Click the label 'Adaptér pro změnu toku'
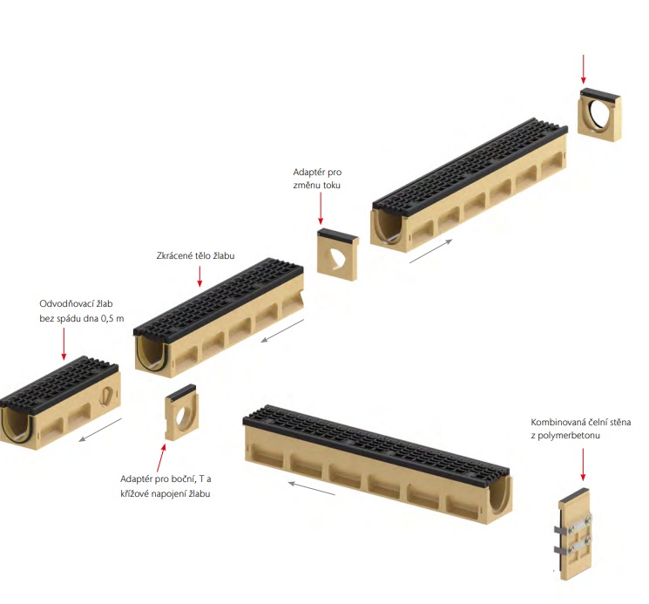[x=317, y=179]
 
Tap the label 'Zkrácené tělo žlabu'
[x=195, y=255]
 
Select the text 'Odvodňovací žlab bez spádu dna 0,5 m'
[x=82, y=311]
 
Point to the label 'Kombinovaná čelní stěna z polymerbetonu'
[x=581, y=429]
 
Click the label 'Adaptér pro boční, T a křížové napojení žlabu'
[x=166, y=486]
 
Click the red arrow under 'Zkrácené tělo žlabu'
[x=199, y=276]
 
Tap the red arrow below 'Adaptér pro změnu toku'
[x=320, y=208]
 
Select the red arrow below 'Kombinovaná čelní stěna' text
[x=583, y=465]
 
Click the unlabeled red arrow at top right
[x=583, y=69]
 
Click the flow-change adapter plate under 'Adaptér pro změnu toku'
[x=337, y=254]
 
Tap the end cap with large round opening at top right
[x=599, y=115]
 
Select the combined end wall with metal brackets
[x=573, y=533]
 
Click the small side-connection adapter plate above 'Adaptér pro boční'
[x=181, y=412]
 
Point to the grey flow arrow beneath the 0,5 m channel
[x=100, y=430]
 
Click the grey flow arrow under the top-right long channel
[x=431, y=251]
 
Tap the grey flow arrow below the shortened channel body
[x=283, y=331]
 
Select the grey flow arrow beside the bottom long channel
[x=312, y=488]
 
